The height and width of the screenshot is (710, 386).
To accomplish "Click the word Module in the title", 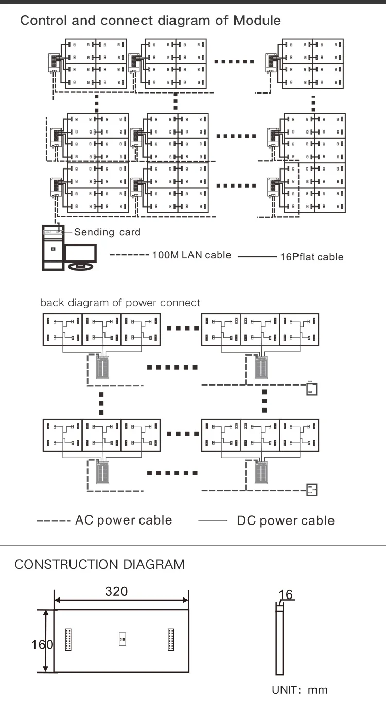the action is pos(257,21).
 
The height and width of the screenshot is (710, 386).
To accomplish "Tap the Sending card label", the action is pos(107,232).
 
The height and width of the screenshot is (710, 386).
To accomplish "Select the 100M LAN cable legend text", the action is pos(192,255).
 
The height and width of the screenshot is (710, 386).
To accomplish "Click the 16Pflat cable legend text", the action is pos(312,257).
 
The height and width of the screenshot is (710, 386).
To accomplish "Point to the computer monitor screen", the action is pos(81,253).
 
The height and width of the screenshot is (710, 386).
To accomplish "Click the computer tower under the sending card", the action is pos(53,248).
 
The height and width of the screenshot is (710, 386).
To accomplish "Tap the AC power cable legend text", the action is pos(124,520).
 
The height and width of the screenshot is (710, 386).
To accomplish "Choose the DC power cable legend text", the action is pos(286,520).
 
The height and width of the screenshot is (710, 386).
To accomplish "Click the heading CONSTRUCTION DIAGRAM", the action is pos(100,564).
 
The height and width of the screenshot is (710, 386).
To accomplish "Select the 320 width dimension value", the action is pos(116,591).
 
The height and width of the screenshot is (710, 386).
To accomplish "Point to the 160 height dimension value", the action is pos(42,644).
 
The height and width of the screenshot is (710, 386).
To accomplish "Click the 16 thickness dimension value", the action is pos(286,594).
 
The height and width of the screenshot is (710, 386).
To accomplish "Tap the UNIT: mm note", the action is pos(300,690).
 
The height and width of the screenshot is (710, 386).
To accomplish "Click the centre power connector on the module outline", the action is pos(122,639).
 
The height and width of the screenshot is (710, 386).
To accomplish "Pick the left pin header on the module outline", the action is pos(68,640).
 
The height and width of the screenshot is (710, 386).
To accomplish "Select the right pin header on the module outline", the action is pos(171,640).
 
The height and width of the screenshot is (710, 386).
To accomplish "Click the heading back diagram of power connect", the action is pos(120,303).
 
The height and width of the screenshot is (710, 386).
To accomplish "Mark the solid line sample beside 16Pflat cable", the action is pos(257,257).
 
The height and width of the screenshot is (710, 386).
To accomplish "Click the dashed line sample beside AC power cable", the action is pos(54,521).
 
